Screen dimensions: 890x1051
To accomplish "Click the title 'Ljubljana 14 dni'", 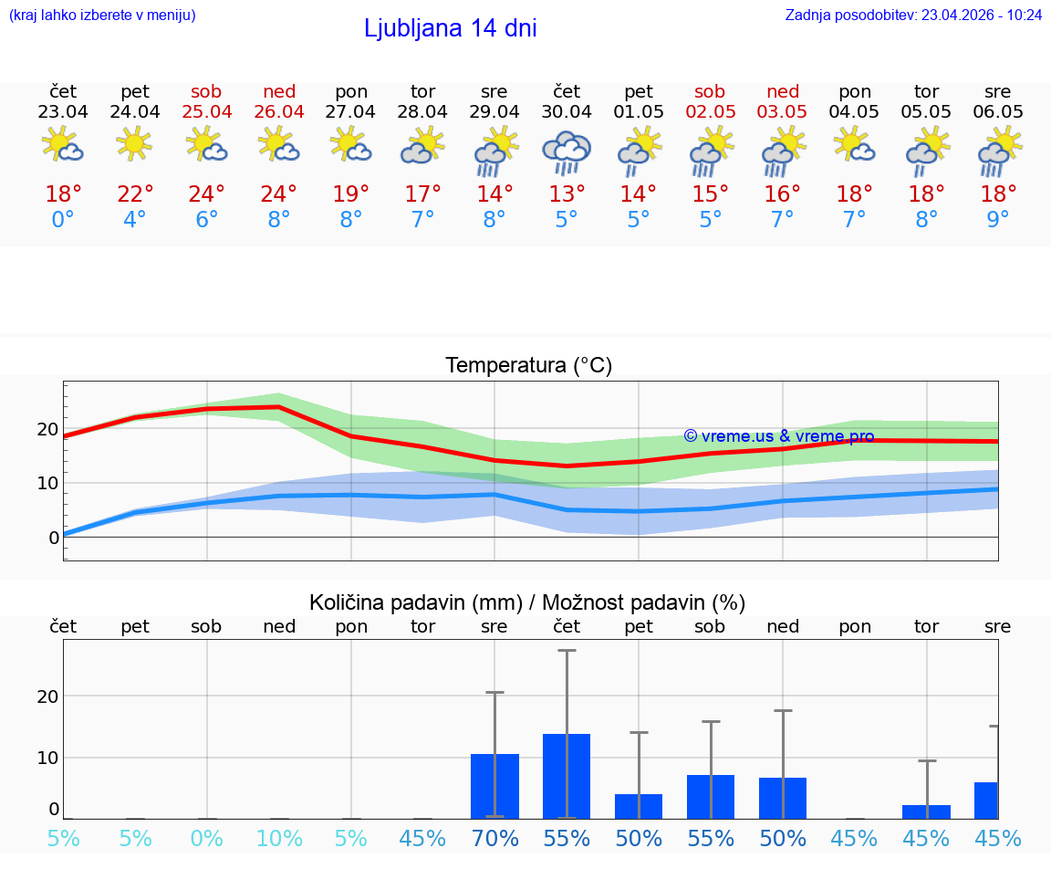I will (450, 28).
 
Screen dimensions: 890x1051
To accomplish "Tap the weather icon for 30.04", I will (567, 152).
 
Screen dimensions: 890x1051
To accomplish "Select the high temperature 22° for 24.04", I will (135, 194).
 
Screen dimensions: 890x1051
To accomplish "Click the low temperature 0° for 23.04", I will (63, 219).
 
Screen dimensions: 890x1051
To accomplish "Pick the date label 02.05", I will (710, 112).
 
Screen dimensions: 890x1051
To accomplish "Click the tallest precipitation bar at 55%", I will (567, 776).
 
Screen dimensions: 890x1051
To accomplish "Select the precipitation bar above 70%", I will (494, 786).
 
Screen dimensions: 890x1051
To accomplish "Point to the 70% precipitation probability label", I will (494, 838).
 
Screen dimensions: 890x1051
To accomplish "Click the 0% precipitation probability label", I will (207, 838).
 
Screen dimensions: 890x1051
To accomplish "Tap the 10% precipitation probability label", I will (279, 838).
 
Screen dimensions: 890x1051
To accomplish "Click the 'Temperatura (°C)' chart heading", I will (528, 366).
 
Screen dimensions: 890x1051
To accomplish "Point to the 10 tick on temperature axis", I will (47, 483).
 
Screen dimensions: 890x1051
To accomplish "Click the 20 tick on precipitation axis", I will (47, 696).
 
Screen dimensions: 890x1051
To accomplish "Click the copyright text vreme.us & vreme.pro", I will (779, 436).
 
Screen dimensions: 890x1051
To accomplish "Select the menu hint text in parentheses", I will (102, 15).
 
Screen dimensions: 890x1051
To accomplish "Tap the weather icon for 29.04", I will (494, 152).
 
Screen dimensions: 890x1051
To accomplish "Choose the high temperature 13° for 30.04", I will (567, 194).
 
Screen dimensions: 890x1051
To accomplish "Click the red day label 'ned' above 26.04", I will (279, 92).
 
